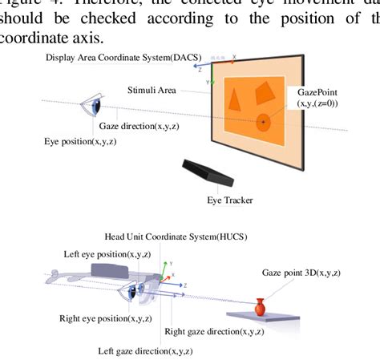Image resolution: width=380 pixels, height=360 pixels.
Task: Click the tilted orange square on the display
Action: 264,95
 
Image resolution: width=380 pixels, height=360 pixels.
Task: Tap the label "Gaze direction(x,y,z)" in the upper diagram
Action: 137,127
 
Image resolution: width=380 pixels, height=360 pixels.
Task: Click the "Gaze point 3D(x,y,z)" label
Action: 301,273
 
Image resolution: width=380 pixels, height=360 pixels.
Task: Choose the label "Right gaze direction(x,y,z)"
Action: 209,330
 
